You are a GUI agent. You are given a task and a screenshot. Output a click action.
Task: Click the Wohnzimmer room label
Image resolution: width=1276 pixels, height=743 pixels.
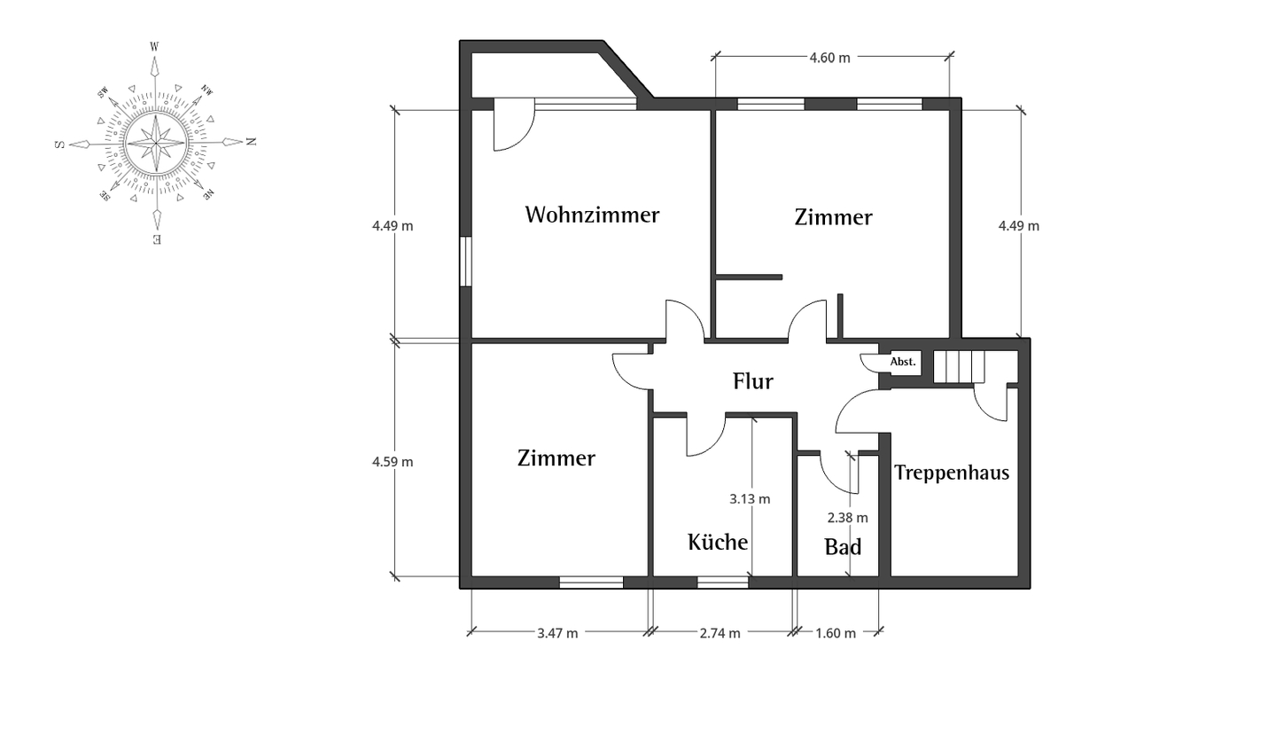(x=593, y=215)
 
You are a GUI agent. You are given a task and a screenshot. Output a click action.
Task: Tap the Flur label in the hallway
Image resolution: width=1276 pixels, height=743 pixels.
(x=753, y=381)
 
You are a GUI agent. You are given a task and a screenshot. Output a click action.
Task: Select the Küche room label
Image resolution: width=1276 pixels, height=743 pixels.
(x=718, y=542)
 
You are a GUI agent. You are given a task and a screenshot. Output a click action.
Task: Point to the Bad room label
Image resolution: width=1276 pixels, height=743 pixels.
(x=843, y=547)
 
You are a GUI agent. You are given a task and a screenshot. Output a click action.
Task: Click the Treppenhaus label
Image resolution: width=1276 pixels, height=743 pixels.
(x=952, y=473)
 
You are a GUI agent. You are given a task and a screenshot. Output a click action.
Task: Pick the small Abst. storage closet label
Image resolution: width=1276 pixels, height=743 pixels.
(x=903, y=362)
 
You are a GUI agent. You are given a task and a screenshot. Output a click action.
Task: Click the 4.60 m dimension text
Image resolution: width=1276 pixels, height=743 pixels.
(x=830, y=58)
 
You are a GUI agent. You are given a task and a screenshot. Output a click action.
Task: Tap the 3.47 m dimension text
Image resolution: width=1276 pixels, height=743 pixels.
(x=557, y=633)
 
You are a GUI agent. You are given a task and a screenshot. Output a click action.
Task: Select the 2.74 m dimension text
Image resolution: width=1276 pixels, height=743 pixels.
(x=720, y=633)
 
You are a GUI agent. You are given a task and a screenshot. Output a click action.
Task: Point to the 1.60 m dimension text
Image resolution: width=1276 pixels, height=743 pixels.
(x=836, y=633)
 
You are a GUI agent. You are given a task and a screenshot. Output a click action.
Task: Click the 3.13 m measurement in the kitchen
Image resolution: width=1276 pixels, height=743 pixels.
(x=750, y=499)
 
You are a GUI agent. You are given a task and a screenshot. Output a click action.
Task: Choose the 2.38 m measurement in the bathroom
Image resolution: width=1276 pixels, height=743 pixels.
(x=848, y=518)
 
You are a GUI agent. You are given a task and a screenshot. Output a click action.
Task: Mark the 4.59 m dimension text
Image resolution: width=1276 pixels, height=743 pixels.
(x=393, y=462)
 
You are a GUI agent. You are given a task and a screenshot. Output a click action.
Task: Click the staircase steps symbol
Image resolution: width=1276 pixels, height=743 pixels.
(x=960, y=366)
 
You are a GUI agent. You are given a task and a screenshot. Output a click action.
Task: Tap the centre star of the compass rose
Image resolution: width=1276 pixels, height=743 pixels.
(x=156, y=143)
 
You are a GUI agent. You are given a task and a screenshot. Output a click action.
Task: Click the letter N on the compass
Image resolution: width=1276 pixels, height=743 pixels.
(x=252, y=141)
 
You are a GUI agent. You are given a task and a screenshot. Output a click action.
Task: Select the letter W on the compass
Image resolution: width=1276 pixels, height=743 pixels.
(x=154, y=47)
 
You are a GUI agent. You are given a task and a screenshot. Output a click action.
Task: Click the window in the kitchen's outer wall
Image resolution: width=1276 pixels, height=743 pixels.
(x=723, y=583)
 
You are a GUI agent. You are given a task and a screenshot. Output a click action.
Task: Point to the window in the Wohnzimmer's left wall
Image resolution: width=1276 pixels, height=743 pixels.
(x=466, y=262)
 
